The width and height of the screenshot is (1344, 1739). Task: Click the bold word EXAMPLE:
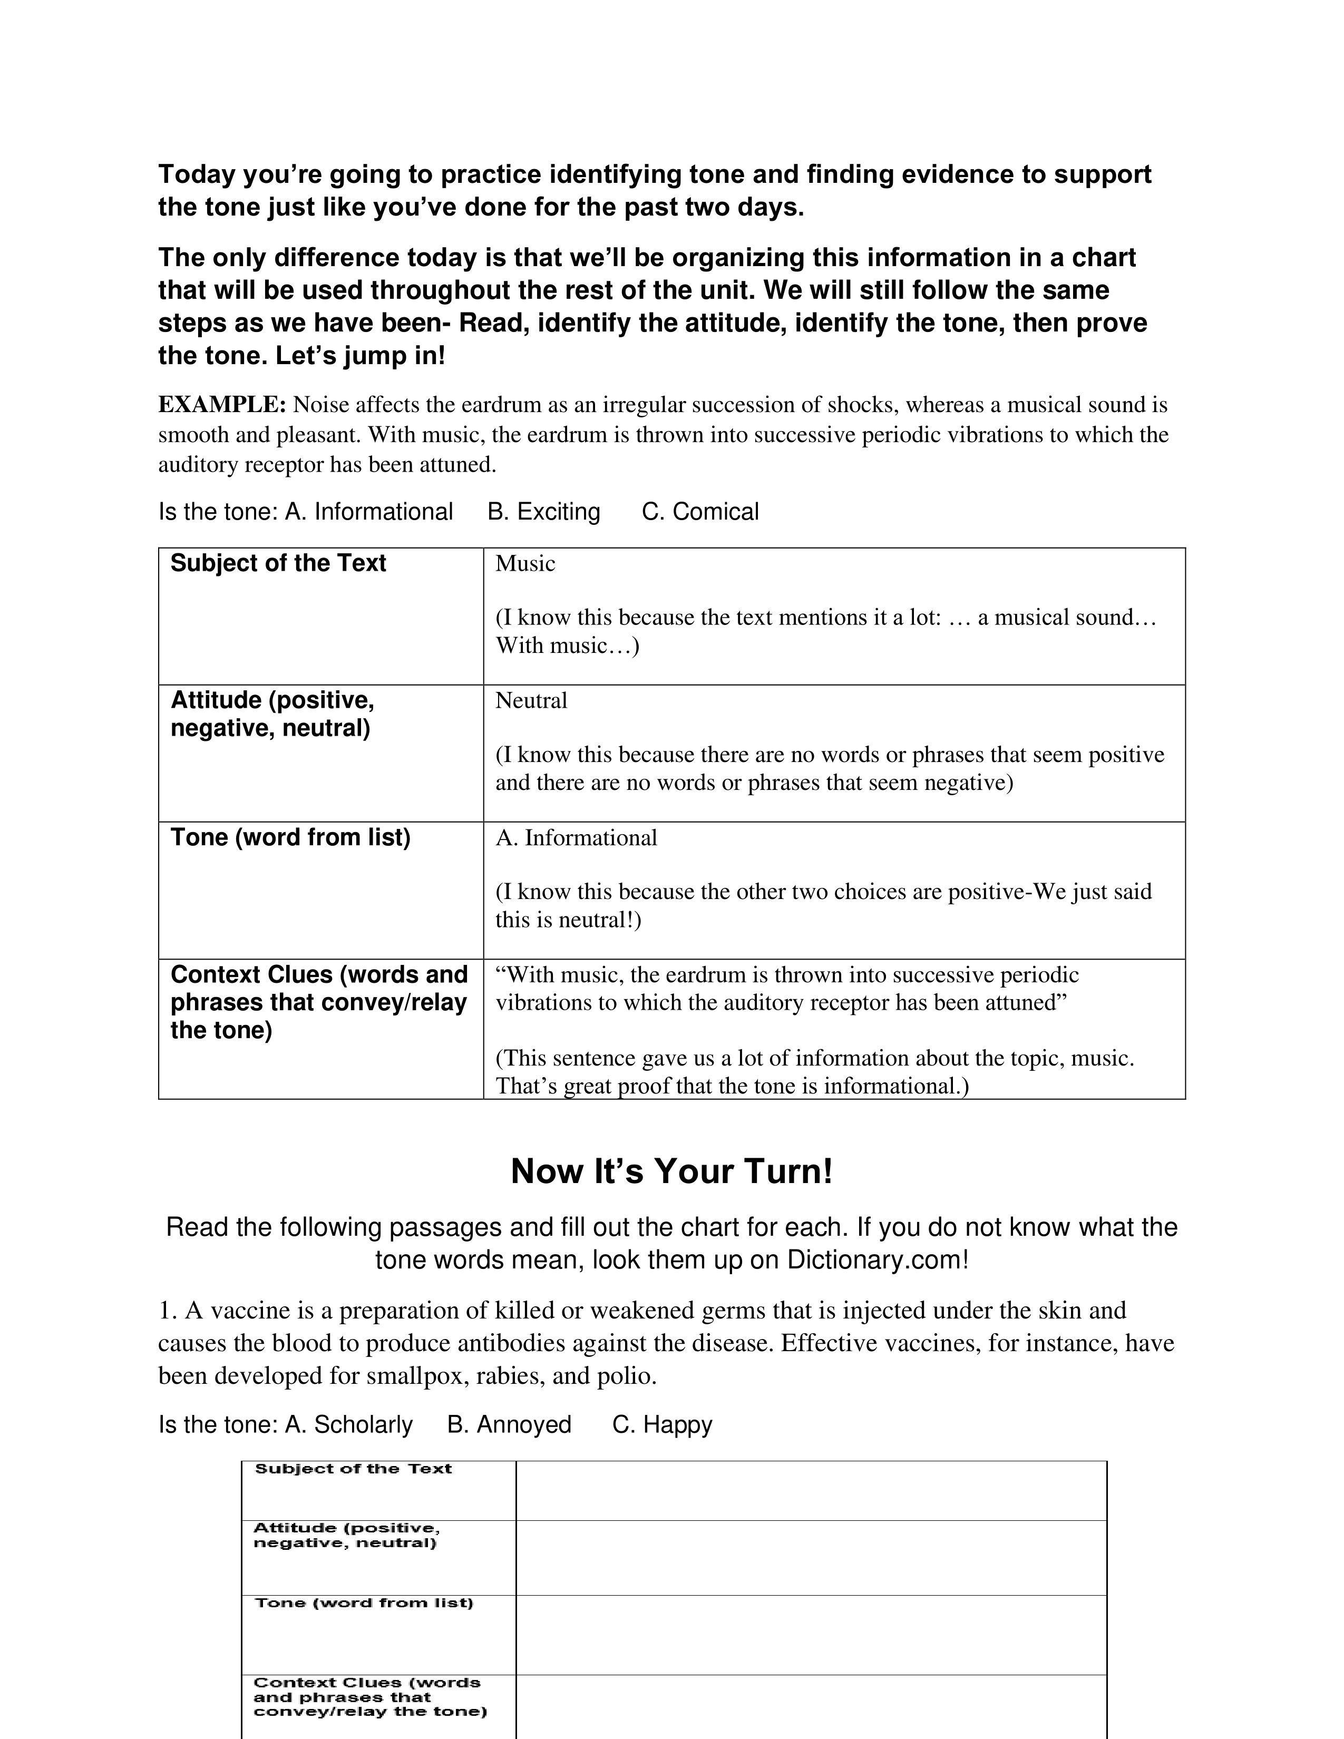(222, 405)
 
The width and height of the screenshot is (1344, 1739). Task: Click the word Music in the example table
(525, 564)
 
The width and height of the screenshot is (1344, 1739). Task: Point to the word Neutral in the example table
(531, 701)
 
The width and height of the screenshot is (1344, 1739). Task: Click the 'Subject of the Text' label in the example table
(278, 564)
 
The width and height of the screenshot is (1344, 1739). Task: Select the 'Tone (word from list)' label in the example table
(290, 838)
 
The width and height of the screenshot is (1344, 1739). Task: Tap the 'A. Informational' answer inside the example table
(577, 838)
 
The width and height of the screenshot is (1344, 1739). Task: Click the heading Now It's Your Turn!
(671, 1171)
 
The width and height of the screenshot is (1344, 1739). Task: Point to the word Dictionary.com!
(878, 1261)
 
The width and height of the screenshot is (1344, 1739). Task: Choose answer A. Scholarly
(349, 1424)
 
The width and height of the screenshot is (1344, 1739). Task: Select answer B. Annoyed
(510, 1424)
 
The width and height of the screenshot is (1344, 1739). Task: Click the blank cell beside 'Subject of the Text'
(811, 1491)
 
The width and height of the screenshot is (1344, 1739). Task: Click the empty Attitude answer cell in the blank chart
(811, 1557)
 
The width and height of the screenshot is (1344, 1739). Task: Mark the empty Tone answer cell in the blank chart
(811, 1635)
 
